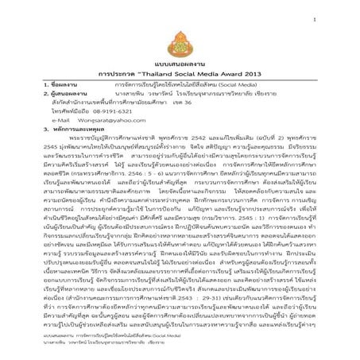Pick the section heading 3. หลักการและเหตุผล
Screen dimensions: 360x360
click(x=56, y=130)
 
